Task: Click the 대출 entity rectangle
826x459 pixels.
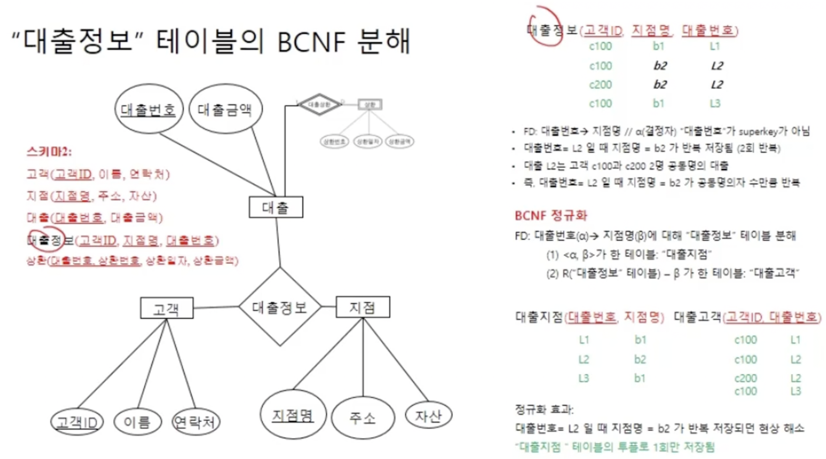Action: click(276, 207)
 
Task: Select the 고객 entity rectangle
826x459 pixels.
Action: click(167, 308)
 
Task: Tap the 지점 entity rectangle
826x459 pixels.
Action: click(363, 307)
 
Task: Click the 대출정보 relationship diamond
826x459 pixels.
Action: click(280, 307)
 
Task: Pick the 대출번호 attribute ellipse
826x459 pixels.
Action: click(149, 109)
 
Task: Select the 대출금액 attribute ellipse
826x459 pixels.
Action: click(225, 109)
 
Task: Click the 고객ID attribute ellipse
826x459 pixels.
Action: click(77, 422)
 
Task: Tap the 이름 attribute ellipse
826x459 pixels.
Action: click(137, 422)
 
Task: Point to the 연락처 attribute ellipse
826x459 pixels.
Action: click(195, 422)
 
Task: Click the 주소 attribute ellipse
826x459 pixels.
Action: click(363, 418)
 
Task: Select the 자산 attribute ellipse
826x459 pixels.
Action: click(429, 416)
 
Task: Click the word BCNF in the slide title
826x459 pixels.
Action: click(311, 42)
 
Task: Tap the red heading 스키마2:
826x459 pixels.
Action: click(49, 152)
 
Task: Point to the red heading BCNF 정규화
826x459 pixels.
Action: click(551, 215)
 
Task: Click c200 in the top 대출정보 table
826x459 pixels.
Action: click(600, 85)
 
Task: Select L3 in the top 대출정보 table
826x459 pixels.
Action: click(715, 103)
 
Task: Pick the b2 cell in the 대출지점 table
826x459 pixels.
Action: click(640, 359)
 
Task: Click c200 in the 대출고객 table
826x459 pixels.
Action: click(745, 378)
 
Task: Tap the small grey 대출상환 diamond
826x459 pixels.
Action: click(319, 104)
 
